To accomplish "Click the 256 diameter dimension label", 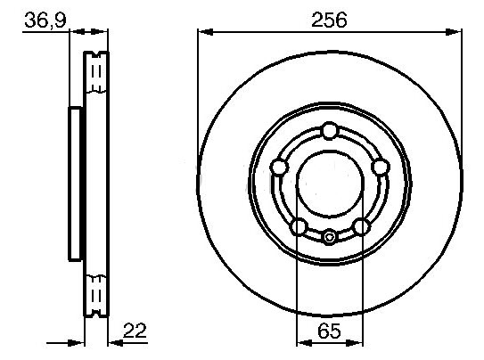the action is [x=329, y=20].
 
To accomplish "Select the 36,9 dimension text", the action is [x=45, y=20].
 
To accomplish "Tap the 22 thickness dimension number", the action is [x=135, y=331].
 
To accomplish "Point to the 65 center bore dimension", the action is [x=330, y=331].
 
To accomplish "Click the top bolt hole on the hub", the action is [x=330, y=131].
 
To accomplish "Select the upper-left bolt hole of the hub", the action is [x=279, y=168].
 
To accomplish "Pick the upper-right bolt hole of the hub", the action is [x=380, y=168].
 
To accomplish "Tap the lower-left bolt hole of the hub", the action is [x=299, y=226].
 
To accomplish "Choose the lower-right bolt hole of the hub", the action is [x=362, y=226].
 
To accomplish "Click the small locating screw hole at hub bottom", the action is [x=330, y=238].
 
